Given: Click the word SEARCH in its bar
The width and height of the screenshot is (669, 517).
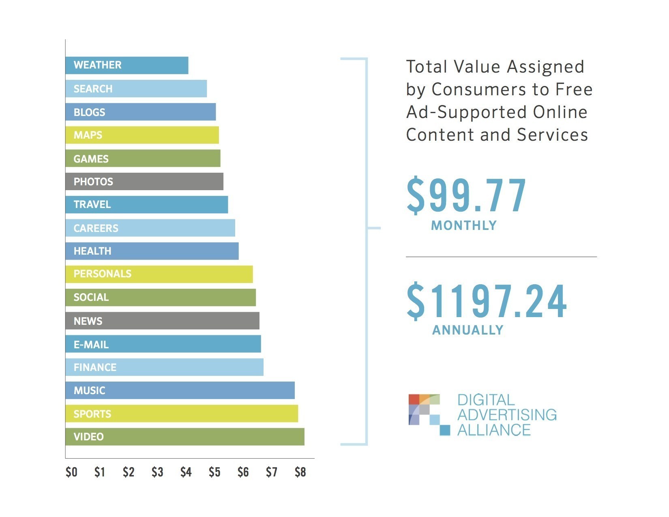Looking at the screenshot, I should coord(93,89).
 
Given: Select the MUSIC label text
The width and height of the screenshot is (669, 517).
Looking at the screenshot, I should coord(89,390).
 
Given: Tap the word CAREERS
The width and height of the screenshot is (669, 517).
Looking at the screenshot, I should coord(96,228).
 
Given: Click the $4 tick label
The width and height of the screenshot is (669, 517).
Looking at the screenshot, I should coord(186,472).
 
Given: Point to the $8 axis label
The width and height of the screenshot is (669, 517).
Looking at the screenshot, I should coord(300,472).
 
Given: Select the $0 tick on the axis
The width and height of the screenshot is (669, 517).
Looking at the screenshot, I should coord(71,472).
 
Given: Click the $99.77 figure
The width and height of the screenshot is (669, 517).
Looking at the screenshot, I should coord(466,196).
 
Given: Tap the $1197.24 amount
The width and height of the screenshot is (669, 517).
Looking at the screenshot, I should coord(487,301).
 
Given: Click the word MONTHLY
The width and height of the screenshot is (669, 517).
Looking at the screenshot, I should coord(464,225).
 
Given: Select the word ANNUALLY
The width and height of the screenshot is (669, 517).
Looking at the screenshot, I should coord(467,330).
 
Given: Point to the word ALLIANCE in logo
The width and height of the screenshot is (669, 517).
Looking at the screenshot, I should coord(494,430).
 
